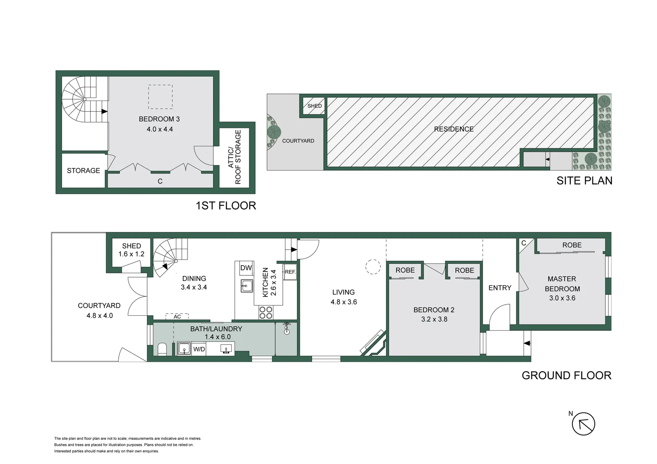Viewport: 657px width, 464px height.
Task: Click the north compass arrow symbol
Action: [x=583, y=424]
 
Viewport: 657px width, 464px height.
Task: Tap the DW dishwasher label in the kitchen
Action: [x=246, y=268]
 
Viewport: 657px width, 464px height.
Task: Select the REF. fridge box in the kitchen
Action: [x=290, y=272]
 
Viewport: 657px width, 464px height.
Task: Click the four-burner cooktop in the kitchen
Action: [x=266, y=312]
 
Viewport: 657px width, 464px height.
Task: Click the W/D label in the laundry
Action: [x=199, y=349]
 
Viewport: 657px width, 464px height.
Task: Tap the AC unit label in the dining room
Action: [x=178, y=317]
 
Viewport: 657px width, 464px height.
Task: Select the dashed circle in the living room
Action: [x=373, y=267]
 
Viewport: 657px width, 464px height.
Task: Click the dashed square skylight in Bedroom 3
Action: [x=160, y=97]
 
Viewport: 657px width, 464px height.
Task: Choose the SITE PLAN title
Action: [x=584, y=181]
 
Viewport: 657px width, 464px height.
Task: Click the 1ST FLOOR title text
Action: [x=226, y=206]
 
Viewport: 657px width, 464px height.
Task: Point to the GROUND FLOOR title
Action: [x=566, y=375]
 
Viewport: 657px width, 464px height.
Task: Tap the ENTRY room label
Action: [x=500, y=288]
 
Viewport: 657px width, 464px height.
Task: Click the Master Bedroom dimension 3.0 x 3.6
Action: [x=562, y=298]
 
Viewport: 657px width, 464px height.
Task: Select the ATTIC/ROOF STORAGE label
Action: [x=234, y=157]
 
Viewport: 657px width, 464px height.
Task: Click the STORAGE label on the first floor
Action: [x=83, y=171]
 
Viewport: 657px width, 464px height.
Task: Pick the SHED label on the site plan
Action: [x=314, y=106]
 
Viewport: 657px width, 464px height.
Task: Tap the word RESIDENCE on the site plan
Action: [x=454, y=129]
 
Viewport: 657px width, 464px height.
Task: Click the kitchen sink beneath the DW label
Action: [x=247, y=285]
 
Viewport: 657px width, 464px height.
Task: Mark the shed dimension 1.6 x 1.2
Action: [x=131, y=254]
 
